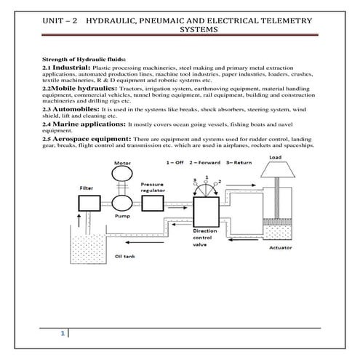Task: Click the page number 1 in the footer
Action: click(63, 334)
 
